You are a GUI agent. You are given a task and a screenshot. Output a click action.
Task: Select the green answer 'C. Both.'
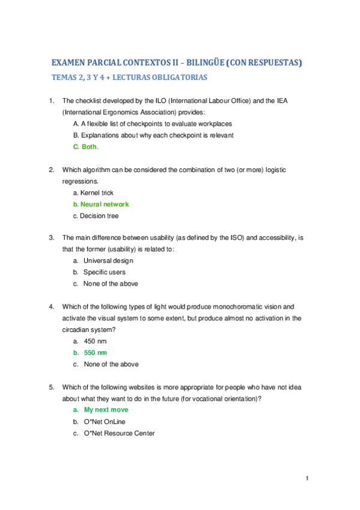(85, 147)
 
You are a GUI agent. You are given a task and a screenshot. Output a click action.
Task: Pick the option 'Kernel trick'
(93, 193)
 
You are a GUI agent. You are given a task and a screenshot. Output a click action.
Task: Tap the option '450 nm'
(94, 341)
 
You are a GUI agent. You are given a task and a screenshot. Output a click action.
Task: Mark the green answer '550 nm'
(95, 352)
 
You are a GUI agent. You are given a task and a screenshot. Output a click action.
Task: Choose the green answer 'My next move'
(106, 410)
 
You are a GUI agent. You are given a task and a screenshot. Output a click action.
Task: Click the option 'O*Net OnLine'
(105, 422)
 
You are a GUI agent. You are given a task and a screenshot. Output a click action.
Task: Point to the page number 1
(307, 478)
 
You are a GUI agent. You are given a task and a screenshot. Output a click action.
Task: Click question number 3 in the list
(52, 238)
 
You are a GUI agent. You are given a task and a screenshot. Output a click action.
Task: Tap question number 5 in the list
(52, 387)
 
